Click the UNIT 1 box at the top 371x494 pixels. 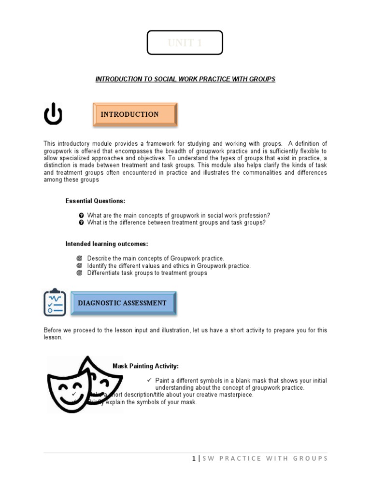(x=185, y=43)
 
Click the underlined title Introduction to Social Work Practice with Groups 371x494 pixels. (x=185, y=79)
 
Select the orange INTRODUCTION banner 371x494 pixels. (x=135, y=114)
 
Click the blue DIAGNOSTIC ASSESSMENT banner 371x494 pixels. (x=124, y=303)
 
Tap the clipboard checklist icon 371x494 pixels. (x=55, y=302)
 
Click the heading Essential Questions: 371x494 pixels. (x=96, y=201)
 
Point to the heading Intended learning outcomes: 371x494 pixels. (x=107, y=244)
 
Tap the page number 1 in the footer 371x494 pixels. (x=193, y=458)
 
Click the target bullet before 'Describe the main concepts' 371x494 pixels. (x=80, y=259)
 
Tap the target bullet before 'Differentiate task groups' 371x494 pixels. (x=80, y=273)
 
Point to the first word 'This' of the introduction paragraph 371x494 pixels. (x=49, y=144)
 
